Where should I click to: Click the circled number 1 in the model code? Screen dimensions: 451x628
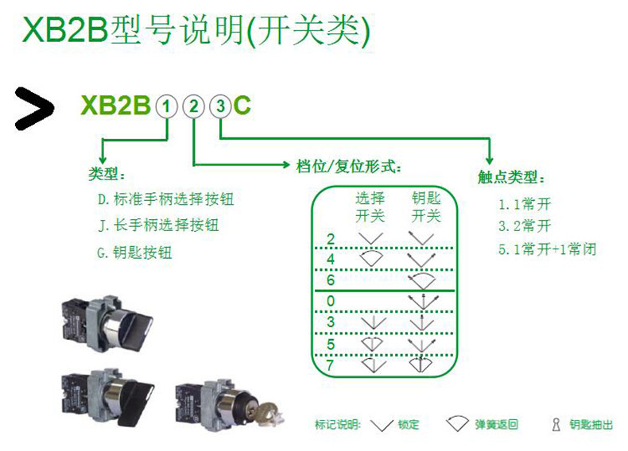pos(166,106)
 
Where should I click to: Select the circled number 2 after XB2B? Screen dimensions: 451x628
pos(193,106)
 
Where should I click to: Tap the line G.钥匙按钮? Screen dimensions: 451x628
pos(134,252)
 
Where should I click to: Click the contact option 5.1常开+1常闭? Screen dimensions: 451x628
pos(548,249)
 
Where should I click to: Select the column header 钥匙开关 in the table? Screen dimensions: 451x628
pos(425,206)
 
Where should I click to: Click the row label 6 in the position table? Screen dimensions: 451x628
pos(331,280)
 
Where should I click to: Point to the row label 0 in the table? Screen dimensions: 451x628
pos(331,302)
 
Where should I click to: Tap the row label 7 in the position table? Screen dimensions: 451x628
pos(331,365)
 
